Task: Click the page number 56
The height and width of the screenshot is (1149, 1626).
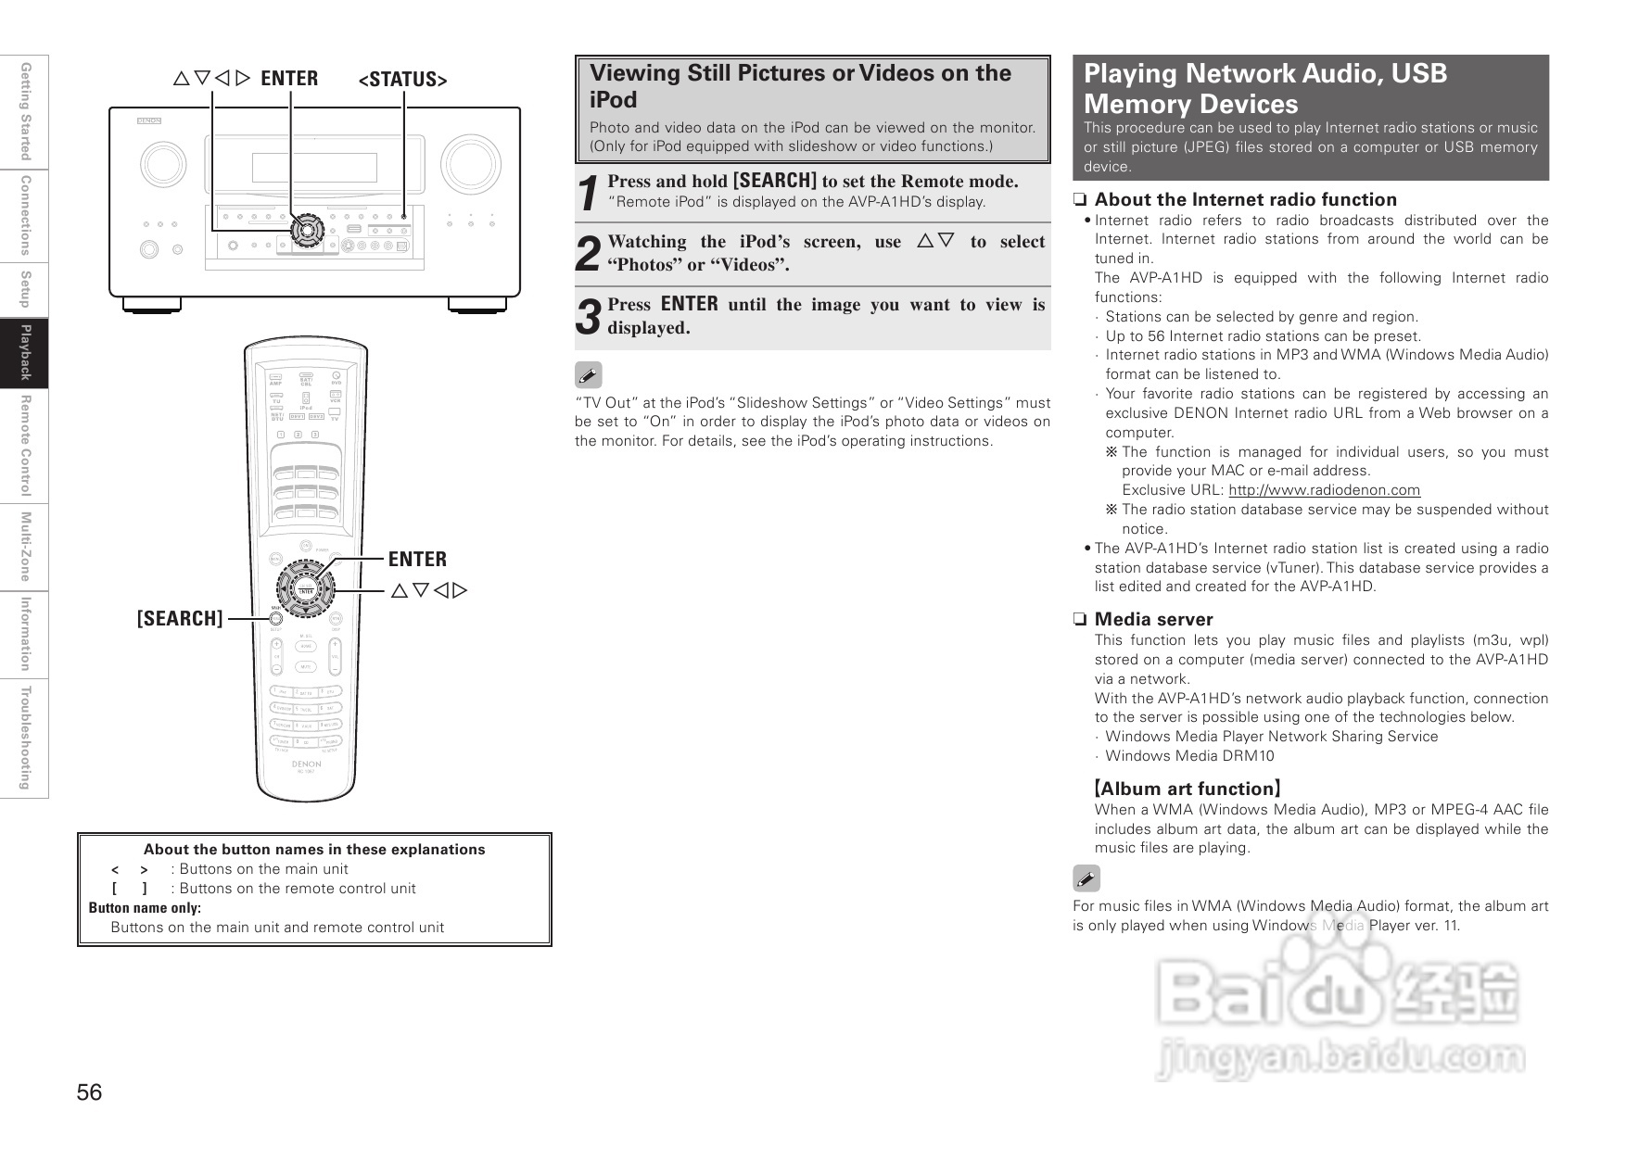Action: click(90, 1092)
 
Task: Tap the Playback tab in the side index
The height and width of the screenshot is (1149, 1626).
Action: click(25, 352)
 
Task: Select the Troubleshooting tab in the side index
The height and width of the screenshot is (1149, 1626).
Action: click(25, 738)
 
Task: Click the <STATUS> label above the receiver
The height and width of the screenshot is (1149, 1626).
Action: click(402, 80)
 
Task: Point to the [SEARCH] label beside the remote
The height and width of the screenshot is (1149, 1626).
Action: click(180, 618)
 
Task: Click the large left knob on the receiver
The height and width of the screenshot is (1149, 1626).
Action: click(164, 165)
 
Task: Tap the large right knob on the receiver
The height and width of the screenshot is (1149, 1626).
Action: click(471, 165)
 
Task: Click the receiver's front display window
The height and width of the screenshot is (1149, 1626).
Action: click(314, 167)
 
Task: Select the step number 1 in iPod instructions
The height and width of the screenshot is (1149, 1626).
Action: click(588, 194)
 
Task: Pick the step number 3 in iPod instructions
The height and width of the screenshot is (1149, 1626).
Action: click(588, 317)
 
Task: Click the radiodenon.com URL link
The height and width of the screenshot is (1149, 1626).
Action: click(1324, 490)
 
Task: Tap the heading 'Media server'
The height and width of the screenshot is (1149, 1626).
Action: click(1153, 619)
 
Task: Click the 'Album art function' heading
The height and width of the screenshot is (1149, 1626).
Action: click(1187, 789)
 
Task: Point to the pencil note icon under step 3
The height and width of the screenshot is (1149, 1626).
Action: click(589, 375)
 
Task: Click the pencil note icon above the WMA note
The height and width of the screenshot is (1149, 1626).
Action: click(1086, 878)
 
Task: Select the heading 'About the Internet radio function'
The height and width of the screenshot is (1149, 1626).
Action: click(1245, 199)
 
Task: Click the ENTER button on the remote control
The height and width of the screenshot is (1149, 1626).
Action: click(306, 590)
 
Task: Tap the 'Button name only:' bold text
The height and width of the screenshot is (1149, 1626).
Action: click(145, 908)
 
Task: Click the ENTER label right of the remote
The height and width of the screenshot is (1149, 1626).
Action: click(417, 559)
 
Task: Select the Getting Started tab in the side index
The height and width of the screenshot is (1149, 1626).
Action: click(25, 111)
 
